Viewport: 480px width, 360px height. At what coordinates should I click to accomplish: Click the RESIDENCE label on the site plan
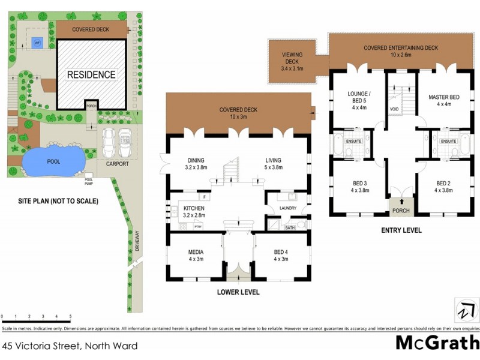91,75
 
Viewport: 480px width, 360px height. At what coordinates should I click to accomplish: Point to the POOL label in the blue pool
53,161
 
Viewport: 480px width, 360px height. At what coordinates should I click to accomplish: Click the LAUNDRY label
288,208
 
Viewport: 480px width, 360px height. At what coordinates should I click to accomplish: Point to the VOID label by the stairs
394,109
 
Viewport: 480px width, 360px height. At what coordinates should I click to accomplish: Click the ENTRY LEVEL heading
401,230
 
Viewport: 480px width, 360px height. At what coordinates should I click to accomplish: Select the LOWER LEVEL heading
239,292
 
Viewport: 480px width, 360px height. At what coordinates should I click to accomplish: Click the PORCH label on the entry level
400,211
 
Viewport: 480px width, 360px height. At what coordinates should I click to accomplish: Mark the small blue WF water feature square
37,43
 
